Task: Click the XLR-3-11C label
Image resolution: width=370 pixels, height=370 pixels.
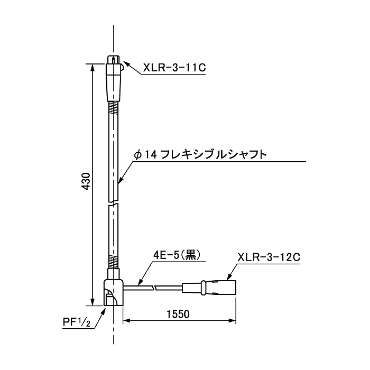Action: coord(174,68)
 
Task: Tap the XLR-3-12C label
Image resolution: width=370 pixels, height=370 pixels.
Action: coord(269,257)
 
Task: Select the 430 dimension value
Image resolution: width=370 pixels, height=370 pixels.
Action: coord(86,181)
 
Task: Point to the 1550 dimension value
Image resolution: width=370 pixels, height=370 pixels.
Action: coord(178,314)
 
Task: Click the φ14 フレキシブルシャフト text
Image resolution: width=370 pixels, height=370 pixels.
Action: coord(200,155)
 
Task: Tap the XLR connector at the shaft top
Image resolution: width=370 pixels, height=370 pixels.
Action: coord(114,78)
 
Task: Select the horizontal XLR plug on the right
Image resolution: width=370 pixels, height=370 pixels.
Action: coord(209,288)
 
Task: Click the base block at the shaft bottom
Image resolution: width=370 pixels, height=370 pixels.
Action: coord(114,293)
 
